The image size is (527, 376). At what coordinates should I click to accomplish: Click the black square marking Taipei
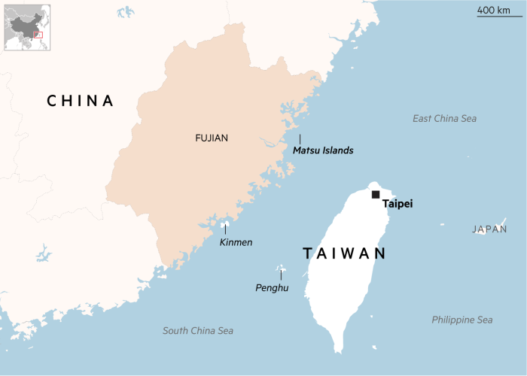coord(376,195)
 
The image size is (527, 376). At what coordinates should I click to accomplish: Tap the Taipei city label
coord(398,204)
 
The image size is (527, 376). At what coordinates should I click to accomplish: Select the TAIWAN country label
coord(344,253)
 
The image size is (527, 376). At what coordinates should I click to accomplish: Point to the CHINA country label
coord(80,101)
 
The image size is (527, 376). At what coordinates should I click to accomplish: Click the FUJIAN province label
coord(212,138)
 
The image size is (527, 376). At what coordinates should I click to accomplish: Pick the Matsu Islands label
coord(323,150)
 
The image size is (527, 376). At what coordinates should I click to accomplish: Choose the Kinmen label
coord(236,242)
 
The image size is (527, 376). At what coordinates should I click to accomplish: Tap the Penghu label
coord(272,287)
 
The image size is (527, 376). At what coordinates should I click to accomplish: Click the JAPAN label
coord(489,229)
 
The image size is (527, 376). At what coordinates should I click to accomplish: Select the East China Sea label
coord(444,119)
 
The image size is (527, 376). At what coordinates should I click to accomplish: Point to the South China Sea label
coord(198,331)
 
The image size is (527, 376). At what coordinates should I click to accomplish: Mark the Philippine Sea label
coord(462,320)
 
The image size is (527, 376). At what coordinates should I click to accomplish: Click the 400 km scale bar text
coord(495,10)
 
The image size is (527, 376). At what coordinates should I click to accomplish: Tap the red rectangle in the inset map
coord(38,35)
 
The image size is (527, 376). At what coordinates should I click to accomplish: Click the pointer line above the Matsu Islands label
coord(300,139)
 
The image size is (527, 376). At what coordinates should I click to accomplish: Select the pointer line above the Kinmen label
coord(225,229)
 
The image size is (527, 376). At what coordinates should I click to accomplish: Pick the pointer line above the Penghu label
coord(281,275)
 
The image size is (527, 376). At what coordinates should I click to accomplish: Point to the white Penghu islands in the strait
coord(281,267)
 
